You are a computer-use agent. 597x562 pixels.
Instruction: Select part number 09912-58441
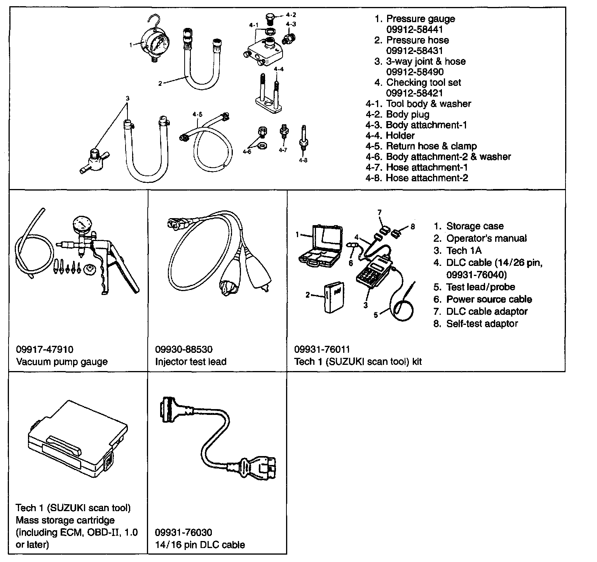[x=414, y=29]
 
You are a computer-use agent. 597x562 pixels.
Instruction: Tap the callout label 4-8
[x=303, y=160]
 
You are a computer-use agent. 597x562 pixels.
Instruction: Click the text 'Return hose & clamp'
[x=431, y=146]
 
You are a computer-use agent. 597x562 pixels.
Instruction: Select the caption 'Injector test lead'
[x=190, y=362]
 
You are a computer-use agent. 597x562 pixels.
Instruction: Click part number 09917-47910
[x=45, y=350]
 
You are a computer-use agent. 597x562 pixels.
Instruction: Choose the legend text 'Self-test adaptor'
[x=482, y=324]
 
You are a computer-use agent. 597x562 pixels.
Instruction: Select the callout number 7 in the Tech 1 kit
[x=380, y=212]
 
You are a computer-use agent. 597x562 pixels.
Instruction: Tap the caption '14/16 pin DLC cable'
[x=200, y=545]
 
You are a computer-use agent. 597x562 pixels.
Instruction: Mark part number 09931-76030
[x=183, y=533]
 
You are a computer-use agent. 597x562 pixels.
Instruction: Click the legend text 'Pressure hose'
[x=417, y=40]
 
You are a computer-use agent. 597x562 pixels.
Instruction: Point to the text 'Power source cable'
[x=489, y=299]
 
